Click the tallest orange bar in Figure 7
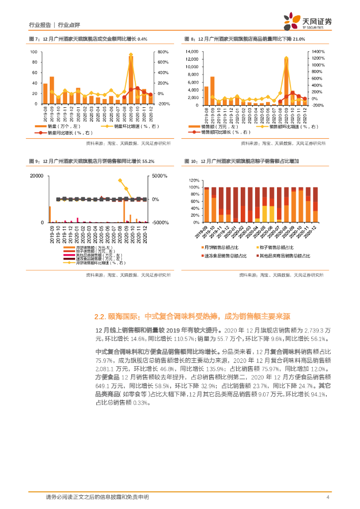131,80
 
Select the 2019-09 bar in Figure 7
52,90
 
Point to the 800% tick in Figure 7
164,52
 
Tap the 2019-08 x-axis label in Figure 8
206,115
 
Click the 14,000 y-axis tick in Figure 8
191,52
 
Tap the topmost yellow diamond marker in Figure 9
120,180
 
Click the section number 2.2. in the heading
101,316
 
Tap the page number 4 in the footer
328,497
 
